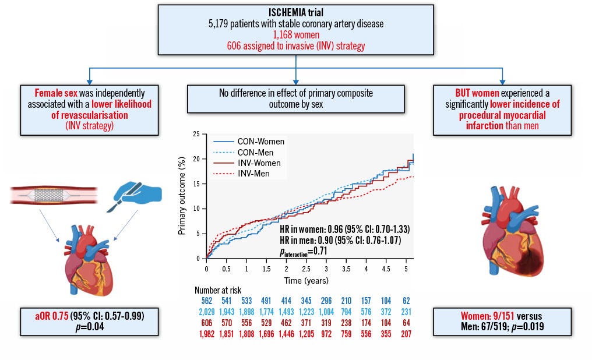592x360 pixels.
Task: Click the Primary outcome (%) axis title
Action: [182, 196]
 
